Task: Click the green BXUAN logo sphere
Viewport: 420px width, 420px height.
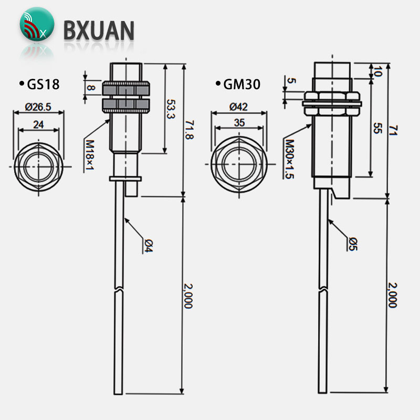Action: click(37, 24)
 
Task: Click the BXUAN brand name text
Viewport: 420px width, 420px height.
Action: click(99, 30)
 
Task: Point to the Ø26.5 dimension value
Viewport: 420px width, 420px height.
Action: click(38, 107)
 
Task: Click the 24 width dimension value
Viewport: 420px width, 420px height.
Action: click(38, 124)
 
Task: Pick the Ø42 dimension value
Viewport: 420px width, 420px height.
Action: click(238, 107)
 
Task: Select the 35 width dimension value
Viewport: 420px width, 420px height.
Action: click(239, 123)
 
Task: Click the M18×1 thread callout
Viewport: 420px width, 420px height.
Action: click(90, 155)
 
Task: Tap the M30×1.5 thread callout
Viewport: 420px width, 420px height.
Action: click(290, 159)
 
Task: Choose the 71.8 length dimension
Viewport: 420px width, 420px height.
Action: click(189, 130)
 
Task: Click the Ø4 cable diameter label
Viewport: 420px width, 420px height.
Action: click(149, 246)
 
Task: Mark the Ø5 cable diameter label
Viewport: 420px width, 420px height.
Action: click(353, 244)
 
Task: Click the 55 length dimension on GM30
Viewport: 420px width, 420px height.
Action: click(377, 128)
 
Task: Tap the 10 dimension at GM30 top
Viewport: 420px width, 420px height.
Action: click(377, 71)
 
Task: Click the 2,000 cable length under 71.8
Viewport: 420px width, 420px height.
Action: click(188, 296)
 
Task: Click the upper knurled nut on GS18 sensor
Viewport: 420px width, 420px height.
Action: click(125, 89)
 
